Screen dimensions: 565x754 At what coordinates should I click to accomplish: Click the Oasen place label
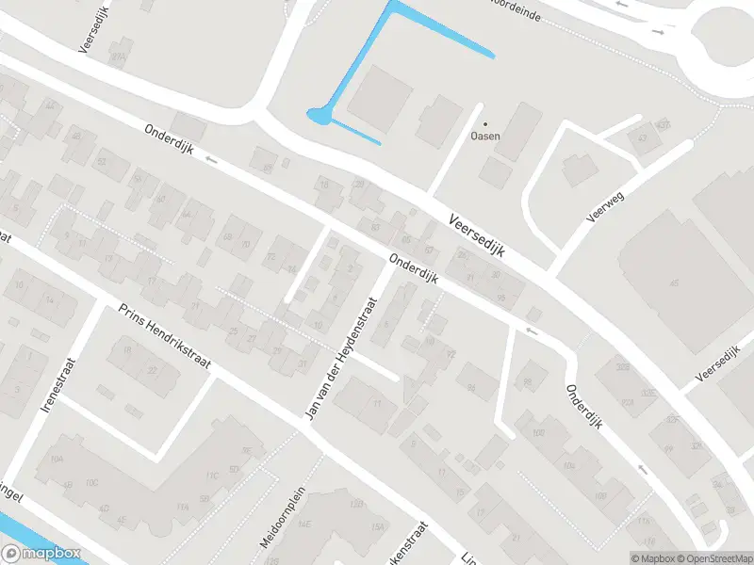coord(485,136)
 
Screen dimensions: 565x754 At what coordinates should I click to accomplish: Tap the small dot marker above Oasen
coord(486,123)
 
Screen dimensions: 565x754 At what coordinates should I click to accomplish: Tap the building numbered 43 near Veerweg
coord(644,139)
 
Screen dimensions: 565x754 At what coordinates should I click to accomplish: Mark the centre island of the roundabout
coord(729,42)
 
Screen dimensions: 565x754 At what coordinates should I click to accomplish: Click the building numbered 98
coord(529,380)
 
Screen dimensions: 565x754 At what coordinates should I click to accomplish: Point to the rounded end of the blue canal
coord(318,116)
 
